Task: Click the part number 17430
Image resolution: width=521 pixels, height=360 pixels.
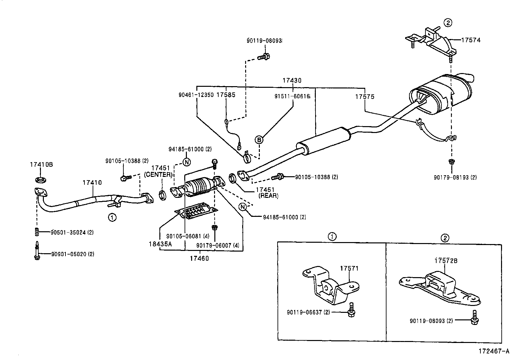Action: tap(292, 80)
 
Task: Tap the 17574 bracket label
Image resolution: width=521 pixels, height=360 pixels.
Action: tap(471, 40)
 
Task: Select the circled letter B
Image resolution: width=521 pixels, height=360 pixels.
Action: tap(259, 140)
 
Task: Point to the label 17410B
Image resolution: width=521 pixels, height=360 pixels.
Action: tap(41, 165)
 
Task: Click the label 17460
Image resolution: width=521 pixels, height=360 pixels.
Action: tap(199, 258)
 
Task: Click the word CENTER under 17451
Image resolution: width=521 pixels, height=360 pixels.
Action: tap(158, 175)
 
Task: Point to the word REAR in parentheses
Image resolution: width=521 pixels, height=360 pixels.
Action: tap(268, 196)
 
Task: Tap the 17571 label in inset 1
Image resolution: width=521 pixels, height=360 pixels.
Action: tap(349, 269)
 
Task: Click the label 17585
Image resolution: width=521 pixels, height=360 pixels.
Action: tap(226, 95)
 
